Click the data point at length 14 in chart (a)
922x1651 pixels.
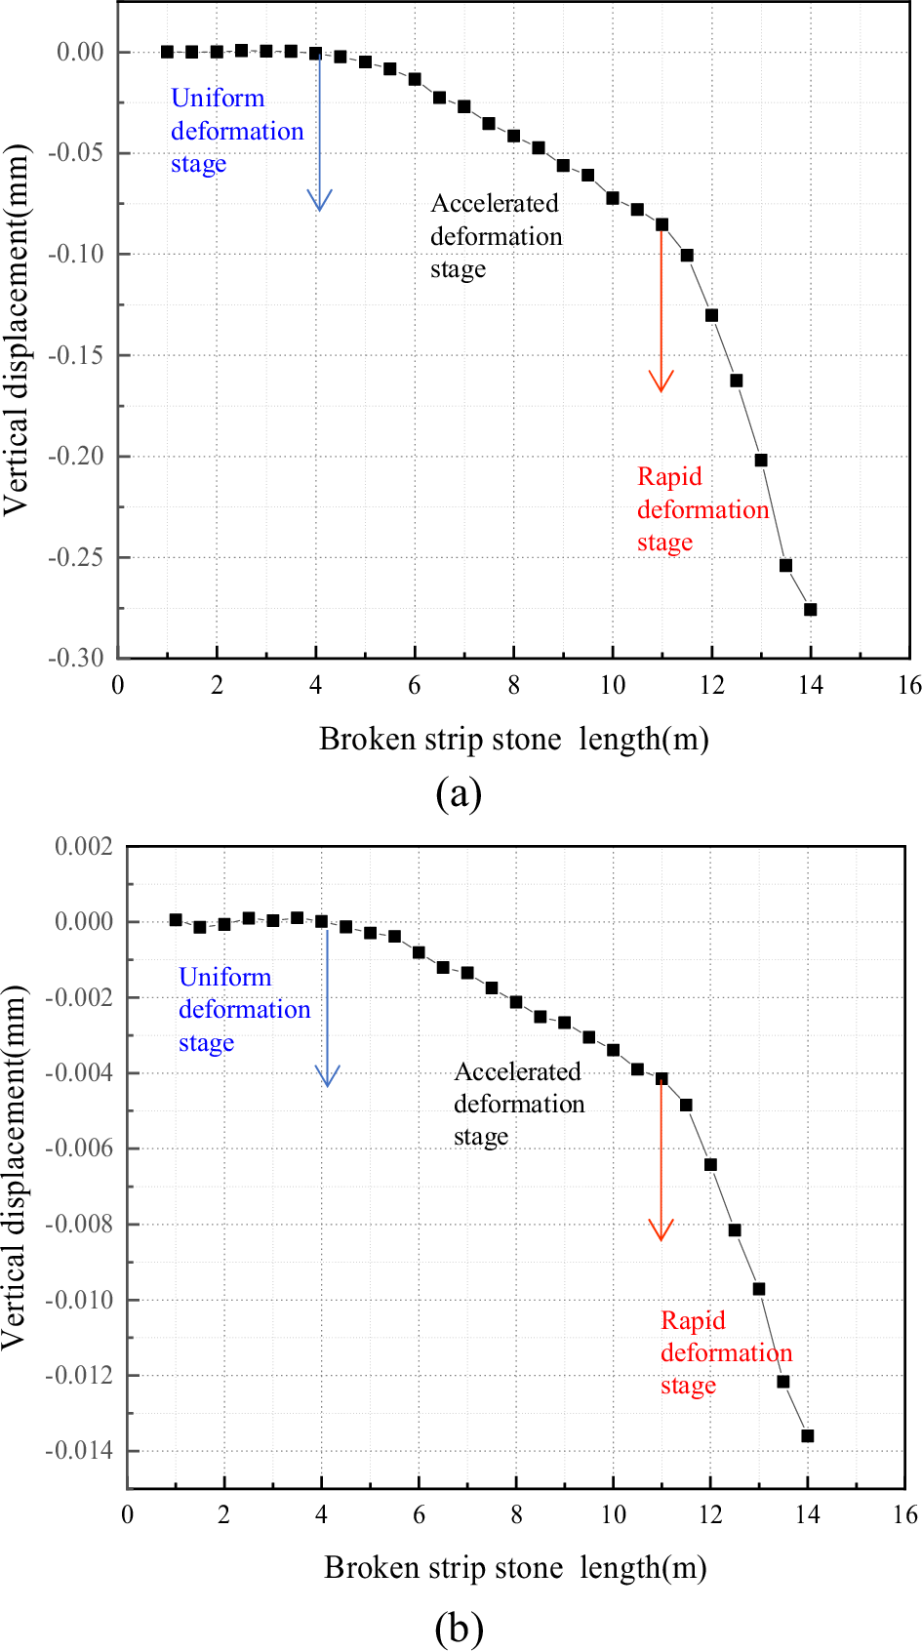810,609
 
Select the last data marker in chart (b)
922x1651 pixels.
807,1435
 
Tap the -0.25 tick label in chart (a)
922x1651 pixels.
76,557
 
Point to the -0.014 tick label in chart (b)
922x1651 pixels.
78,1450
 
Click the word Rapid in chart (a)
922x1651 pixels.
669,476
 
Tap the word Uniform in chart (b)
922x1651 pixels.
224,977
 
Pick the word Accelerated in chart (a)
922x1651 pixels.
495,203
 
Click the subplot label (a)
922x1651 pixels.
459,793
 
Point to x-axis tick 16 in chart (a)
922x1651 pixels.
909,685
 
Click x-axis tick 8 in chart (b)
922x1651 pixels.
516,1514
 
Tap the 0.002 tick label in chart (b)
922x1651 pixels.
83,846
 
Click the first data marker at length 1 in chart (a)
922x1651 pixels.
167,52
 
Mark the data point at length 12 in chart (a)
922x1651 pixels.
711,315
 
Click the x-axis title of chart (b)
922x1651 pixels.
515,1567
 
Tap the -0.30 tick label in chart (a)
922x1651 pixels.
76,658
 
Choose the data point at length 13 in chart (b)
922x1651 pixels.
758,1288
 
